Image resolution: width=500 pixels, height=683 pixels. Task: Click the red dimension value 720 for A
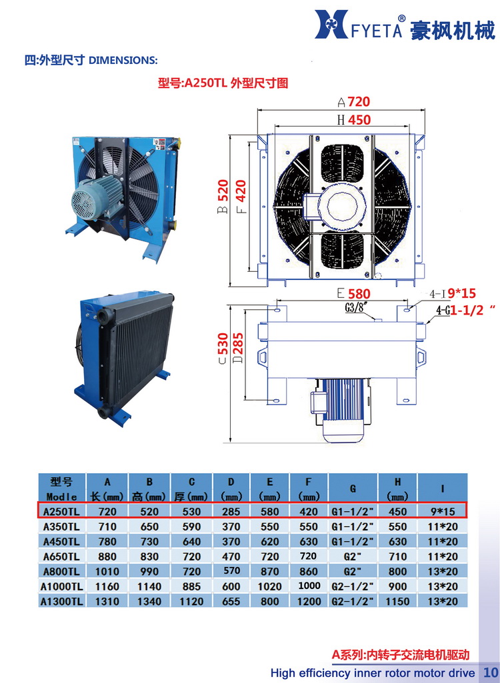[358, 102]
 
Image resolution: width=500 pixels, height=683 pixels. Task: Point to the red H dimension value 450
[358, 120]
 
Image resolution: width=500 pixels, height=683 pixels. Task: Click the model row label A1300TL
[61, 601]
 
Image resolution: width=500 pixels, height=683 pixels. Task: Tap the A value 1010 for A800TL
[107, 571]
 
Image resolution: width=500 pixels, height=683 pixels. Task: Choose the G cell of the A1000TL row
[354, 586]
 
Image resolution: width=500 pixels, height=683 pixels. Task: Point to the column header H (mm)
[397, 488]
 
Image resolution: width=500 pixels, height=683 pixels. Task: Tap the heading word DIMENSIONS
[123, 61]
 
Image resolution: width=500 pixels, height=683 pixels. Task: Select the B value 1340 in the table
[149, 601]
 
